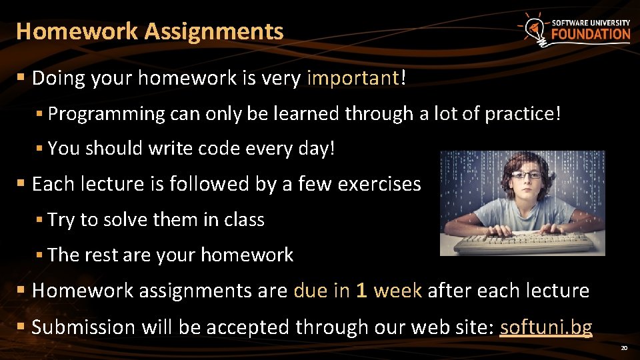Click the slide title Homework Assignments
pos(150,31)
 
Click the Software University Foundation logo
pos(574,29)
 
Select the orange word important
pos(352,79)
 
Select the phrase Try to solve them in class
pos(156,220)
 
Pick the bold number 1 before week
pos(361,291)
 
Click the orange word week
pos(398,291)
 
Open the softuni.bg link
pos(546,327)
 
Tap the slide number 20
pos(624,348)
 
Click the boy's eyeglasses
pos(527,175)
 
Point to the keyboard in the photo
pos(523,243)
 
